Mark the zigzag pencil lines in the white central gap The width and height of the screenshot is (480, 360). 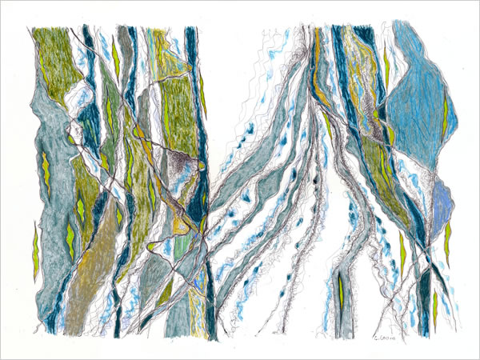tap(240, 88)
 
